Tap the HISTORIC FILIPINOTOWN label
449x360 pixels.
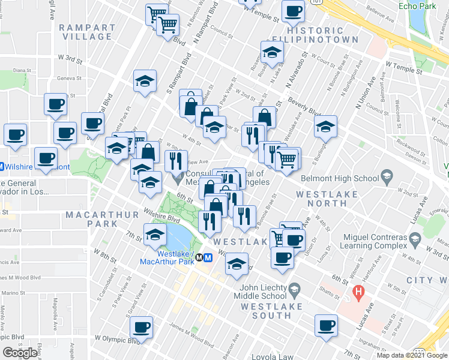click(322, 35)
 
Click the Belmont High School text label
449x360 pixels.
click(341, 178)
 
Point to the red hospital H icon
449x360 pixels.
click(359, 293)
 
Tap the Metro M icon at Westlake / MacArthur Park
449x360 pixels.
click(208, 258)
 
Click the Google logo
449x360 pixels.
click(20, 353)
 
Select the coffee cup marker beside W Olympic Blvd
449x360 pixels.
click(142, 328)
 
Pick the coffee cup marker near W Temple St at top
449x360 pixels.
click(294, 11)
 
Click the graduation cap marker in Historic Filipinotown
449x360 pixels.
click(272, 52)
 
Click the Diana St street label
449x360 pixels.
click(22, 70)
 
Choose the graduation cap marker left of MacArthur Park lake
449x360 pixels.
click(155, 235)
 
